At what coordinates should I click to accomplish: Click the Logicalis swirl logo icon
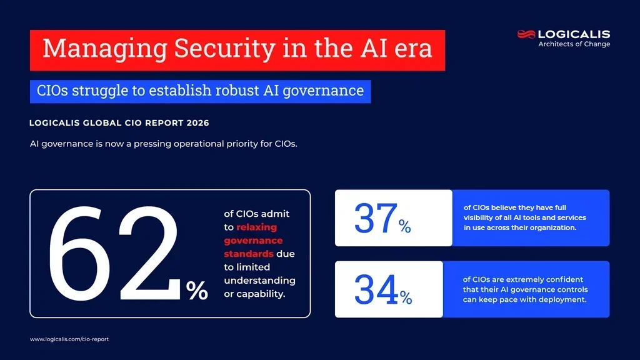[526, 34]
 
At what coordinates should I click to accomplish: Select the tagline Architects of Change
[574, 44]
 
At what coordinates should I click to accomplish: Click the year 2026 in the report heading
[196, 123]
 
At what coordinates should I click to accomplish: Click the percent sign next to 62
[197, 290]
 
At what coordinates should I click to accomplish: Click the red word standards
[248, 254]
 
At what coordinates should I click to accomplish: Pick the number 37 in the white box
[375, 218]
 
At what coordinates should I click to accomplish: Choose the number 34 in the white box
[376, 290]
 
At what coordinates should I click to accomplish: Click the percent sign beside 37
[405, 227]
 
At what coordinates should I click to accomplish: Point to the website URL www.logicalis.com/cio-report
[69, 339]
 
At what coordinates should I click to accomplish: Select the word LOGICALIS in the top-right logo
[574, 34]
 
